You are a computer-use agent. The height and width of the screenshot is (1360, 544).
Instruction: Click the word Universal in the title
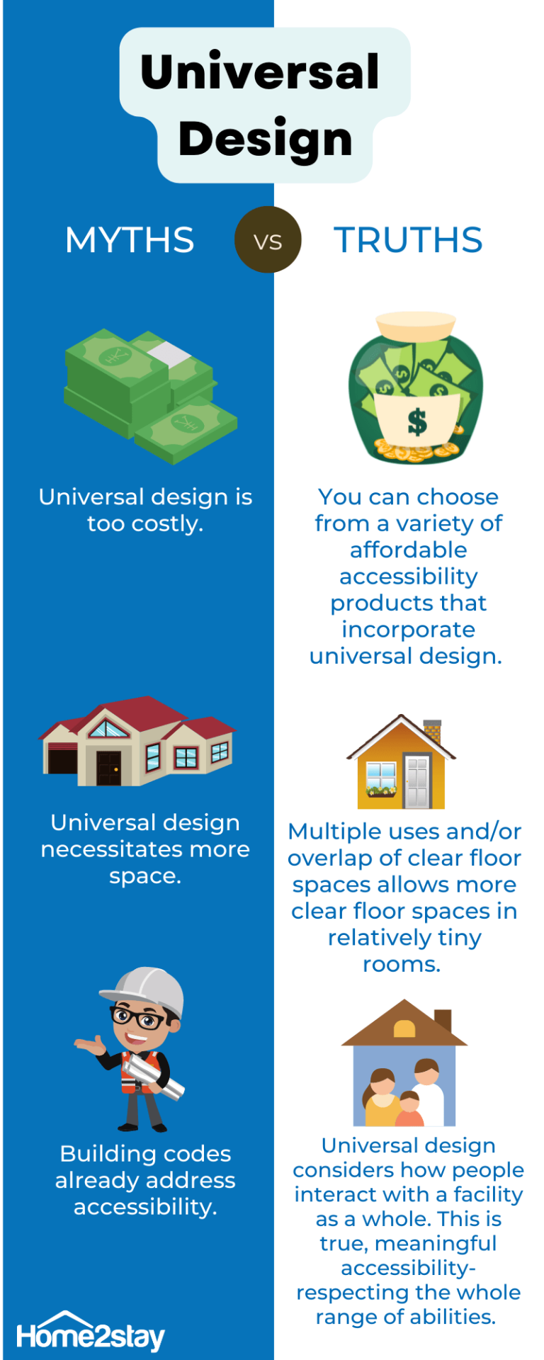point(260,72)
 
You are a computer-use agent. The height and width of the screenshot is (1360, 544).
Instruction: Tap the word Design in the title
point(266,140)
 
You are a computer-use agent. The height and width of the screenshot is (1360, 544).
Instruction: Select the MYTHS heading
point(130,240)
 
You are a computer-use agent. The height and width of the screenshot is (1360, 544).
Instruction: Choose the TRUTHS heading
point(408,240)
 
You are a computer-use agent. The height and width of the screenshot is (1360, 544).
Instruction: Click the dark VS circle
point(268,240)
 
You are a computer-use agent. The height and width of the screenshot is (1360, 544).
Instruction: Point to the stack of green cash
point(151,395)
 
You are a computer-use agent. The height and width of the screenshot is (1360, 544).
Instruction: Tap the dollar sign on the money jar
point(418,421)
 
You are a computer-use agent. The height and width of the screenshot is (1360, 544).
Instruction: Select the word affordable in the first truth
point(409,550)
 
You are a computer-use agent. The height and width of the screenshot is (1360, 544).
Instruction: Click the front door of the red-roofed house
point(109,768)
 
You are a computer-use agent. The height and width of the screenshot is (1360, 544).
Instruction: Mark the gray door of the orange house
point(417,781)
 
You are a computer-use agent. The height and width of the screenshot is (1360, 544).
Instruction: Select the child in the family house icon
point(409,1109)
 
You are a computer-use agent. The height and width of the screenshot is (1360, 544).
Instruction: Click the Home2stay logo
point(90,1333)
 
